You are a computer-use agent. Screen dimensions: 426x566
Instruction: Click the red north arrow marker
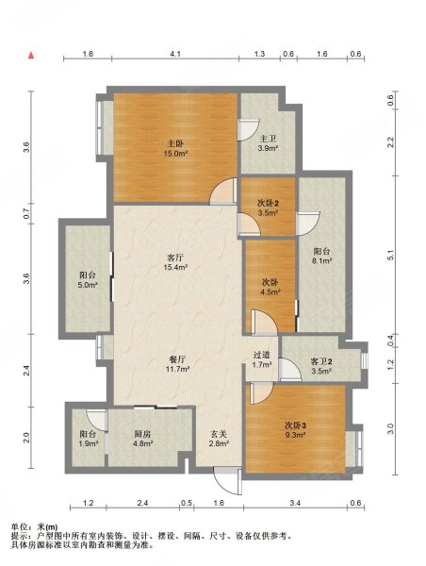31,56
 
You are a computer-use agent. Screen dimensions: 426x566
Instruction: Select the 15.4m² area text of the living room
175,268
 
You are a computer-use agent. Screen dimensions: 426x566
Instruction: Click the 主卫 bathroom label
268,139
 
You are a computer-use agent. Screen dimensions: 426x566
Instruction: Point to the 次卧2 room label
268,204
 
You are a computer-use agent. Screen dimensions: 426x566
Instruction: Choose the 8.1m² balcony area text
322,260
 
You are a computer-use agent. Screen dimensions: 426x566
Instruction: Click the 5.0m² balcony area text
88,285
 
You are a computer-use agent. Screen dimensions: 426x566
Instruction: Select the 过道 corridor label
262,356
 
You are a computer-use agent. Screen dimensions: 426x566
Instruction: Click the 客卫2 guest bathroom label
321,361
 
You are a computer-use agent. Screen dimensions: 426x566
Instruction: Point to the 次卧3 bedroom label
296,425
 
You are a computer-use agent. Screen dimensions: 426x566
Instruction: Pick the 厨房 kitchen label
142,434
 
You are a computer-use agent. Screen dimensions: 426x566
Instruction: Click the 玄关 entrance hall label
219,434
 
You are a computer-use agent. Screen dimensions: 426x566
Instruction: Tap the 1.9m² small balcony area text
89,443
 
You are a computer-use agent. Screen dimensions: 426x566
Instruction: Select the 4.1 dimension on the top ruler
175,54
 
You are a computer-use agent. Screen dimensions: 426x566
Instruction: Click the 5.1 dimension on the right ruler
390,256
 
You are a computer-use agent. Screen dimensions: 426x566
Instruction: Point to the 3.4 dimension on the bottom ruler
295,503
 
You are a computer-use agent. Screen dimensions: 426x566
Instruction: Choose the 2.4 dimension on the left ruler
26,371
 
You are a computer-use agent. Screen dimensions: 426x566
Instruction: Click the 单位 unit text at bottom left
19,527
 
